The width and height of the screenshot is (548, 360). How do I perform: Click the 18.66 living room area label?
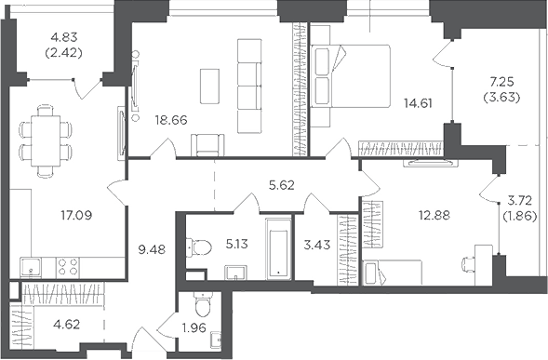171,120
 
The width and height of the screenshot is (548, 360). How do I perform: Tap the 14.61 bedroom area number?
418,103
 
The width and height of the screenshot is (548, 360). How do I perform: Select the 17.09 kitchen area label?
76,215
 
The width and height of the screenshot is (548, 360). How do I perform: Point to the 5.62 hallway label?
282,185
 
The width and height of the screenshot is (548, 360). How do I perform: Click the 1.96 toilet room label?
194,327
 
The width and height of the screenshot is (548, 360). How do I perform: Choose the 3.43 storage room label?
317,245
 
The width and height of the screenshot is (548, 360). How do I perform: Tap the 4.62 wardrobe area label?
67,325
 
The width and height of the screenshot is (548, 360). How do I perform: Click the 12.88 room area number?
434,215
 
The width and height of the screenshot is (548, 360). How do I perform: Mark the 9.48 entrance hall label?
152,249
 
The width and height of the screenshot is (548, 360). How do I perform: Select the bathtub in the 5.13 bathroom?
278,249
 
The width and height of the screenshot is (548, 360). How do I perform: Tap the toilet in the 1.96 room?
202,305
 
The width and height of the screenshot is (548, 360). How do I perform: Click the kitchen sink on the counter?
31,267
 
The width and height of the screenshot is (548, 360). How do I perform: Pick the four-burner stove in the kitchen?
68,267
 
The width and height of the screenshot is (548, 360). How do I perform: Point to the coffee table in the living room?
210,86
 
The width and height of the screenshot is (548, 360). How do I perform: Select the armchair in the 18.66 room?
207,145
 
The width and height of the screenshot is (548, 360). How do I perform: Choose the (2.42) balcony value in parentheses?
63,53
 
